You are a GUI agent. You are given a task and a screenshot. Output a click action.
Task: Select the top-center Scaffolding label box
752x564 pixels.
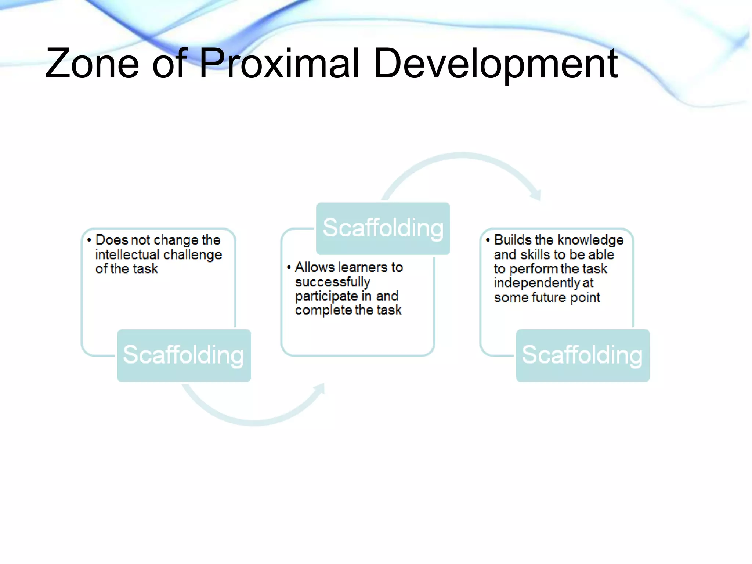point(383,228)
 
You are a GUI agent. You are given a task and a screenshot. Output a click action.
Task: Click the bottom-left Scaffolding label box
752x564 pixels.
point(184,355)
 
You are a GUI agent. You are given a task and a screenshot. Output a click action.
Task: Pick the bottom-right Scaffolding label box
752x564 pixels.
point(582,355)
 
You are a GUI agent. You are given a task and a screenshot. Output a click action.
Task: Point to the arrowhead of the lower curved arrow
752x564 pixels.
point(320,388)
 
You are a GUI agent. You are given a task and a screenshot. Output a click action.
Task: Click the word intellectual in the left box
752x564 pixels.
point(127,254)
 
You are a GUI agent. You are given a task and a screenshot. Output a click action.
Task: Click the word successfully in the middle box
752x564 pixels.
point(332,282)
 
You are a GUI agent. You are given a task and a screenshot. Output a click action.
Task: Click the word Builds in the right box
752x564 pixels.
point(513,240)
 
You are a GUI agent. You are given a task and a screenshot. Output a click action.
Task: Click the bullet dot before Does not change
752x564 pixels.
point(89,240)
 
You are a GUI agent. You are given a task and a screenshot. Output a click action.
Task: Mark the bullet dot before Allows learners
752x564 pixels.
point(289,267)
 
